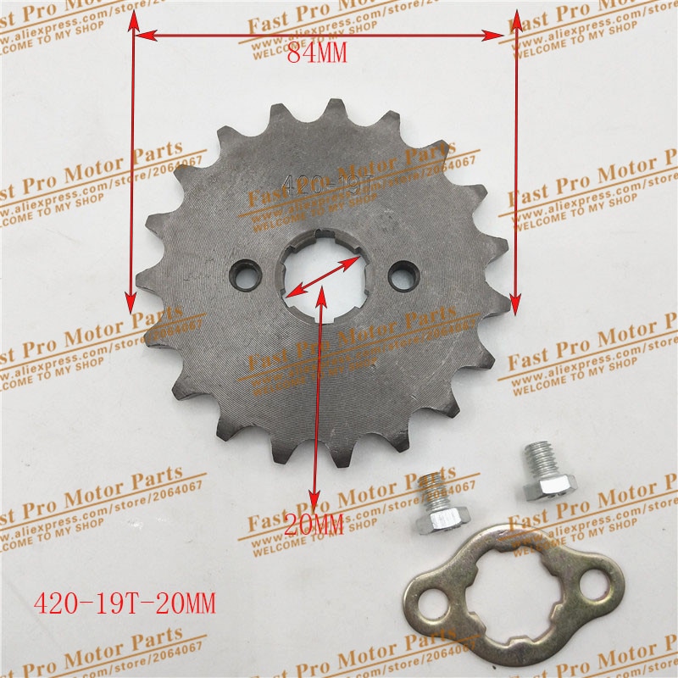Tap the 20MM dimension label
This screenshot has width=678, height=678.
point(314,525)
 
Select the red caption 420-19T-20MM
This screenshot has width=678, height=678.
point(124,603)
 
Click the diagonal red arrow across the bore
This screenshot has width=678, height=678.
point(320,275)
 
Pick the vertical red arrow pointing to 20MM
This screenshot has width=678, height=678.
point(319,398)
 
